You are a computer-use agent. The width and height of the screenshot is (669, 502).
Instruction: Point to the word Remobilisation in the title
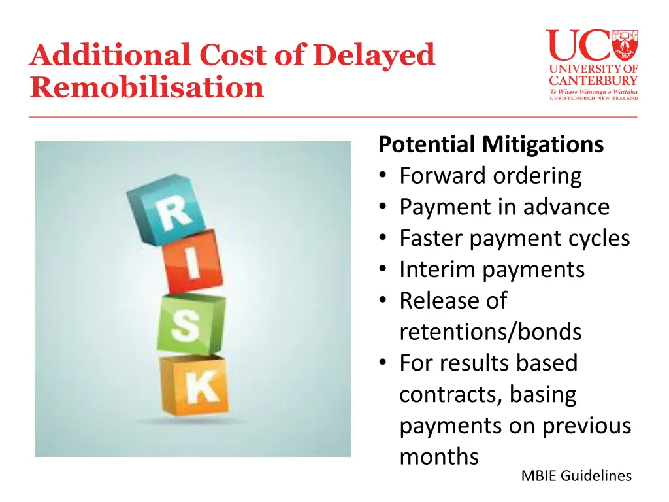click(x=146, y=87)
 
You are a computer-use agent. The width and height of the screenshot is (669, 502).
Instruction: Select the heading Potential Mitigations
click(x=491, y=144)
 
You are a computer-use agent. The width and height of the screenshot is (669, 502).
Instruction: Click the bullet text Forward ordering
click(x=490, y=175)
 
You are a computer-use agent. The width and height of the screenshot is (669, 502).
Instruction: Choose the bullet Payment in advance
click(x=504, y=207)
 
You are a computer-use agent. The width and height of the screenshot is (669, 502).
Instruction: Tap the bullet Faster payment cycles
click(x=515, y=238)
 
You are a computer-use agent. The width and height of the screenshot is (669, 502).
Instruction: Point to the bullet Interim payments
click(x=492, y=269)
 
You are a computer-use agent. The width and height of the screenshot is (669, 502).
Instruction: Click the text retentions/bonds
click(x=490, y=332)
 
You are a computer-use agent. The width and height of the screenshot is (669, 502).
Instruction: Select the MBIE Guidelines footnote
click(x=576, y=476)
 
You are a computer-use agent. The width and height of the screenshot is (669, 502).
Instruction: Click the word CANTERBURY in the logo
click(x=593, y=80)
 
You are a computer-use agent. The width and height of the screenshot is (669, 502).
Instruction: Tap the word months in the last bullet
click(x=439, y=456)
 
